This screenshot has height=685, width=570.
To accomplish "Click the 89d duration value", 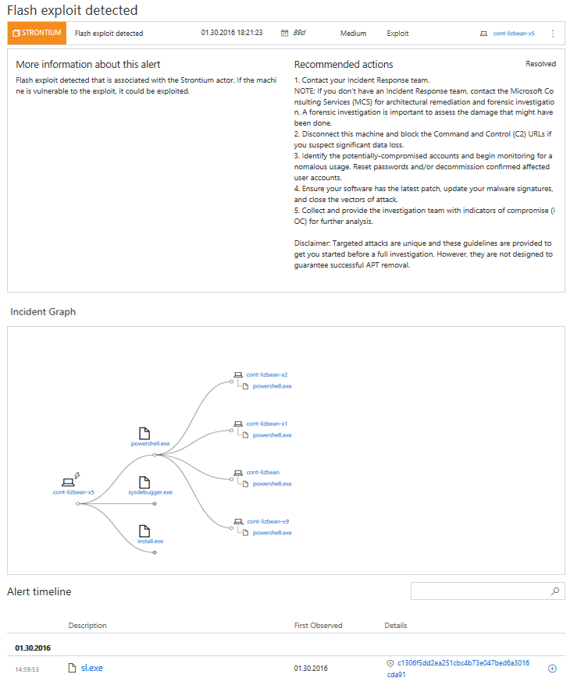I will [x=300, y=34].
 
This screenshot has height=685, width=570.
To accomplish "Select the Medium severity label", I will [x=353, y=34].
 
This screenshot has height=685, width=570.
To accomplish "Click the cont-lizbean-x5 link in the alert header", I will [x=514, y=34].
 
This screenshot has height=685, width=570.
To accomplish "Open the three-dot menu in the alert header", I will [x=553, y=34].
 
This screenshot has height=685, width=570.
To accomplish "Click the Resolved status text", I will [x=540, y=64].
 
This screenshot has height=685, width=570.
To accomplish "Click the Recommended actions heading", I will [x=344, y=65].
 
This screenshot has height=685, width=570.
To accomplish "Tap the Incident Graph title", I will [x=43, y=312].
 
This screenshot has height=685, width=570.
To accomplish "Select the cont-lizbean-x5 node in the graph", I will [x=74, y=492].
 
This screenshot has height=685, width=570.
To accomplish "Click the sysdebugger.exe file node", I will [x=151, y=492].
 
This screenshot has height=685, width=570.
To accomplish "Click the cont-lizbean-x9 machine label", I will [x=268, y=521].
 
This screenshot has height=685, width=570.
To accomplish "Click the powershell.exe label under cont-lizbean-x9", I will [x=273, y=532].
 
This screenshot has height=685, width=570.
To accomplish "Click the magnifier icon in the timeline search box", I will [x=555, y=591].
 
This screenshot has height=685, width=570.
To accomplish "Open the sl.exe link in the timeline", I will [x=91, y=668].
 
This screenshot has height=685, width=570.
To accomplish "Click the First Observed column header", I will [x=318, y=626].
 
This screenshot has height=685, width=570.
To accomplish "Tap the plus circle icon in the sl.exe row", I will [x=552, y=669].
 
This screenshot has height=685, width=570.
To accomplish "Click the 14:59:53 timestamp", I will [x=27, y=669].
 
